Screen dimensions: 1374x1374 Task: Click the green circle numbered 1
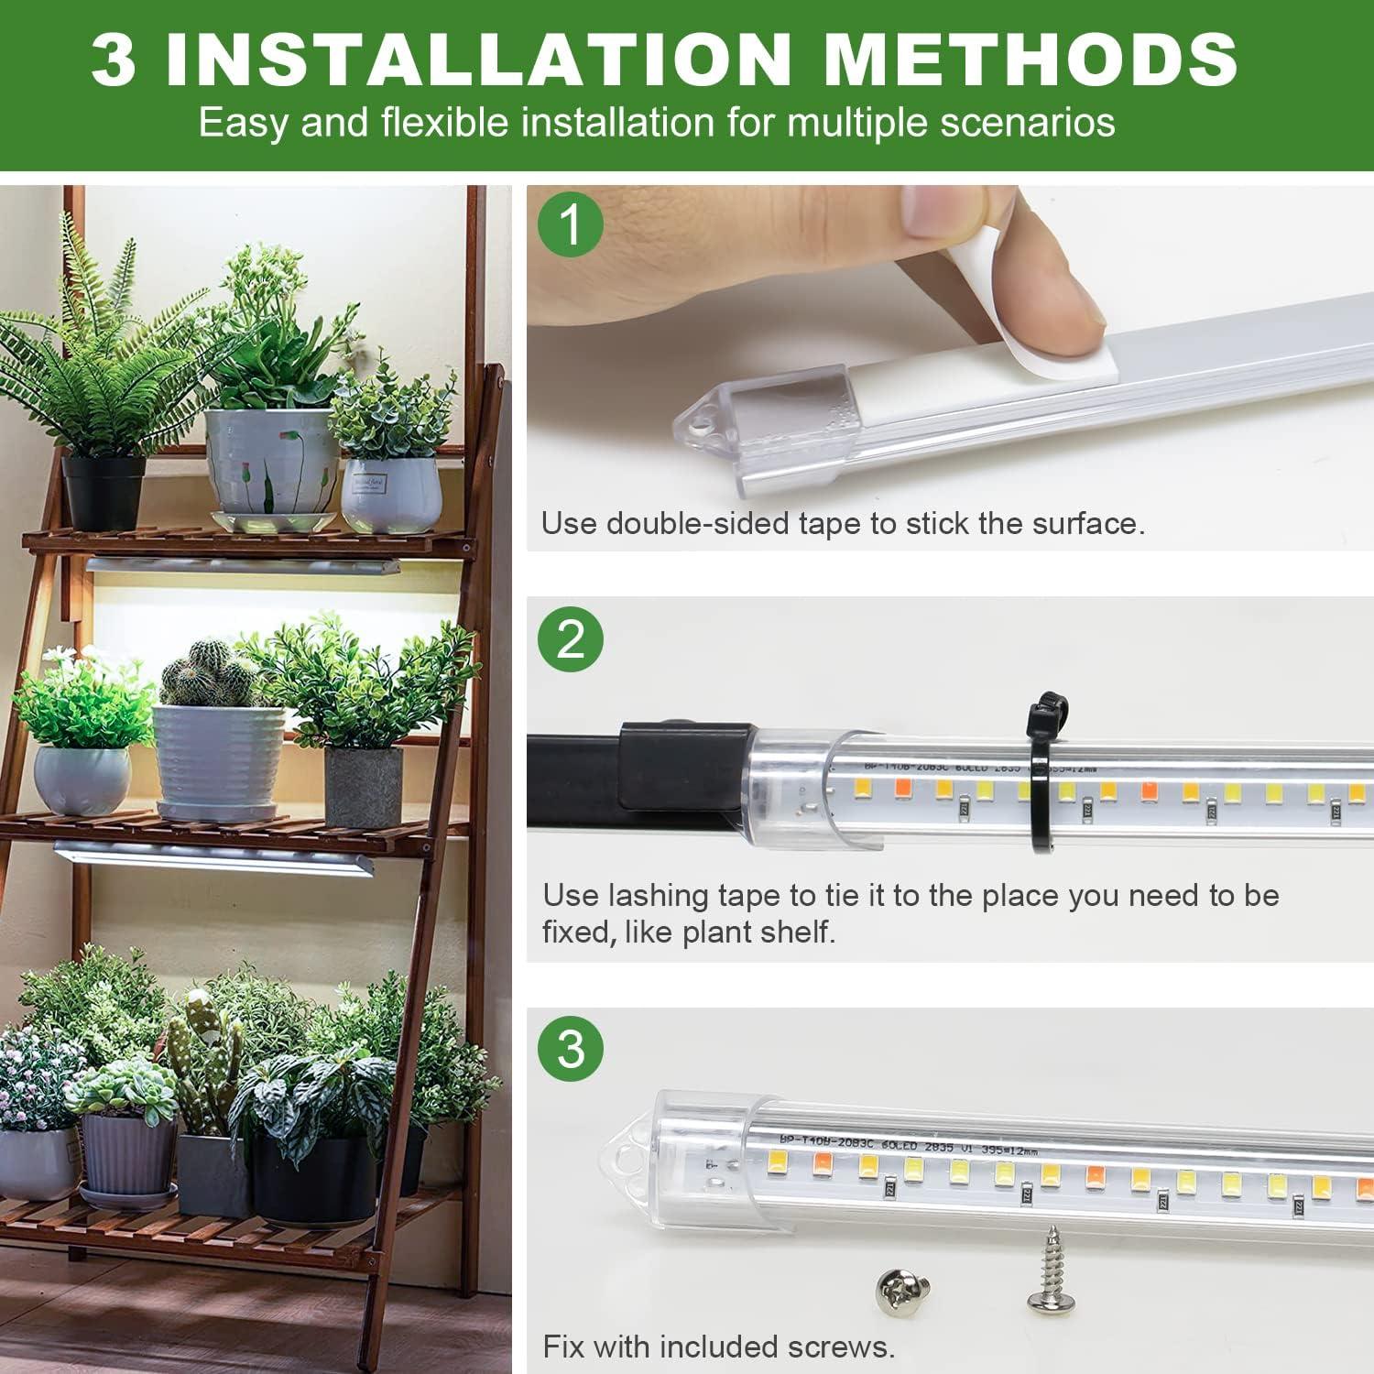[x=570, y=224]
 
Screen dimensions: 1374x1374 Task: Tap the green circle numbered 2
[x=570, y=638]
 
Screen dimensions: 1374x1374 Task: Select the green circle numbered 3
[x=570, y=1048]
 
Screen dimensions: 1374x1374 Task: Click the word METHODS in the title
[x=1030, y=59]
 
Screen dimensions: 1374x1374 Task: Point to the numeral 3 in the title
[x=114, y=59]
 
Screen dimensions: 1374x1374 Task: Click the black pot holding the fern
[x=104, y=492]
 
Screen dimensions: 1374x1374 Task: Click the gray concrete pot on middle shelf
[x=363, y=786]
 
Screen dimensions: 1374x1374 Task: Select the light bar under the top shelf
[x=243, y=566]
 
